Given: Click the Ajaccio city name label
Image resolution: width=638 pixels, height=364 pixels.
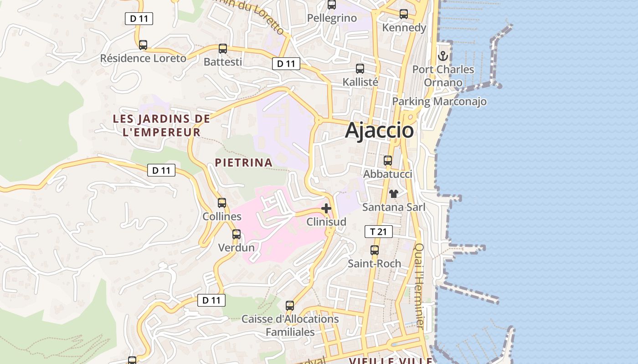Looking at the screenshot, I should pyautogui.click(x=379, y=131).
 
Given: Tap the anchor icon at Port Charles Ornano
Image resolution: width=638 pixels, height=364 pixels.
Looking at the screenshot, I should pyautogui.click(x=443, y=56).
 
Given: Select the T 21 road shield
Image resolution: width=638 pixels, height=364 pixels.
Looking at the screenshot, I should pyautogui.click(x=378, y=232).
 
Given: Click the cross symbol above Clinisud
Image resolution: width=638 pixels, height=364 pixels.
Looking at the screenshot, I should pyautogui.click(x=326, y=208).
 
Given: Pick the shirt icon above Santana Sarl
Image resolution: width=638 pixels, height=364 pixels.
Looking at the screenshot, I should pyautogui.click(x=394, y=193).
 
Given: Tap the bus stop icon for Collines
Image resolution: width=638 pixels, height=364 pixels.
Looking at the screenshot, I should pyautogui.click(x=222, y=203).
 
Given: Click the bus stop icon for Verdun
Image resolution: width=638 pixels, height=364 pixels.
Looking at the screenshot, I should pyautogui.click(x=237, y=234).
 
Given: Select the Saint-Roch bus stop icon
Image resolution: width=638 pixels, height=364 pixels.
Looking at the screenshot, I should pyautogui.click(x=375, y=250).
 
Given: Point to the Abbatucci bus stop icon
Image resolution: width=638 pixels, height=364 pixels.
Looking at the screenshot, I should pyautogui.click(x=388, y=161).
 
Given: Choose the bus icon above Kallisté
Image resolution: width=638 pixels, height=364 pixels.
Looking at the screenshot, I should pyautogui.click(x=360, y=69).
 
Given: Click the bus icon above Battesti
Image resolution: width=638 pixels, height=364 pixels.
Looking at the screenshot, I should pyautogui.click(x=223, y=49).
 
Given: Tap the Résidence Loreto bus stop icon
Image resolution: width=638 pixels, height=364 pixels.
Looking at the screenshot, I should pyautogui.click(x=143, y=45).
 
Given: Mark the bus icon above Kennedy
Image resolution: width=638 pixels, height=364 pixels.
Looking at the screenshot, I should pyautogui.click(x=404, y=14).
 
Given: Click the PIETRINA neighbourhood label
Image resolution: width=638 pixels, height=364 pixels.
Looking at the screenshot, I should pyautogui.click(x=244, y=162).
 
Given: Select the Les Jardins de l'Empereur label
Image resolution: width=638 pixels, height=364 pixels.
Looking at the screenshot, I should pyautogui.click(x=161, y=126).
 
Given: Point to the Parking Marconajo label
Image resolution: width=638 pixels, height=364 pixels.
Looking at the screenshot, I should pyautogui.click(x=439, y=101).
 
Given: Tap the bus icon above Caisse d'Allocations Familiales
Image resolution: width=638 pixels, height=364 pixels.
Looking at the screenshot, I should pyautogui.click(x=290, y=306).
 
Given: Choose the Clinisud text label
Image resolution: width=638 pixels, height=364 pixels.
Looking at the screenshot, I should pyautogui.click(x=326, y=222).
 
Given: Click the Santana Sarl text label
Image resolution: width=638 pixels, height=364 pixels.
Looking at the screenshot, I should pyautogui.click(x=394, y=207).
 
